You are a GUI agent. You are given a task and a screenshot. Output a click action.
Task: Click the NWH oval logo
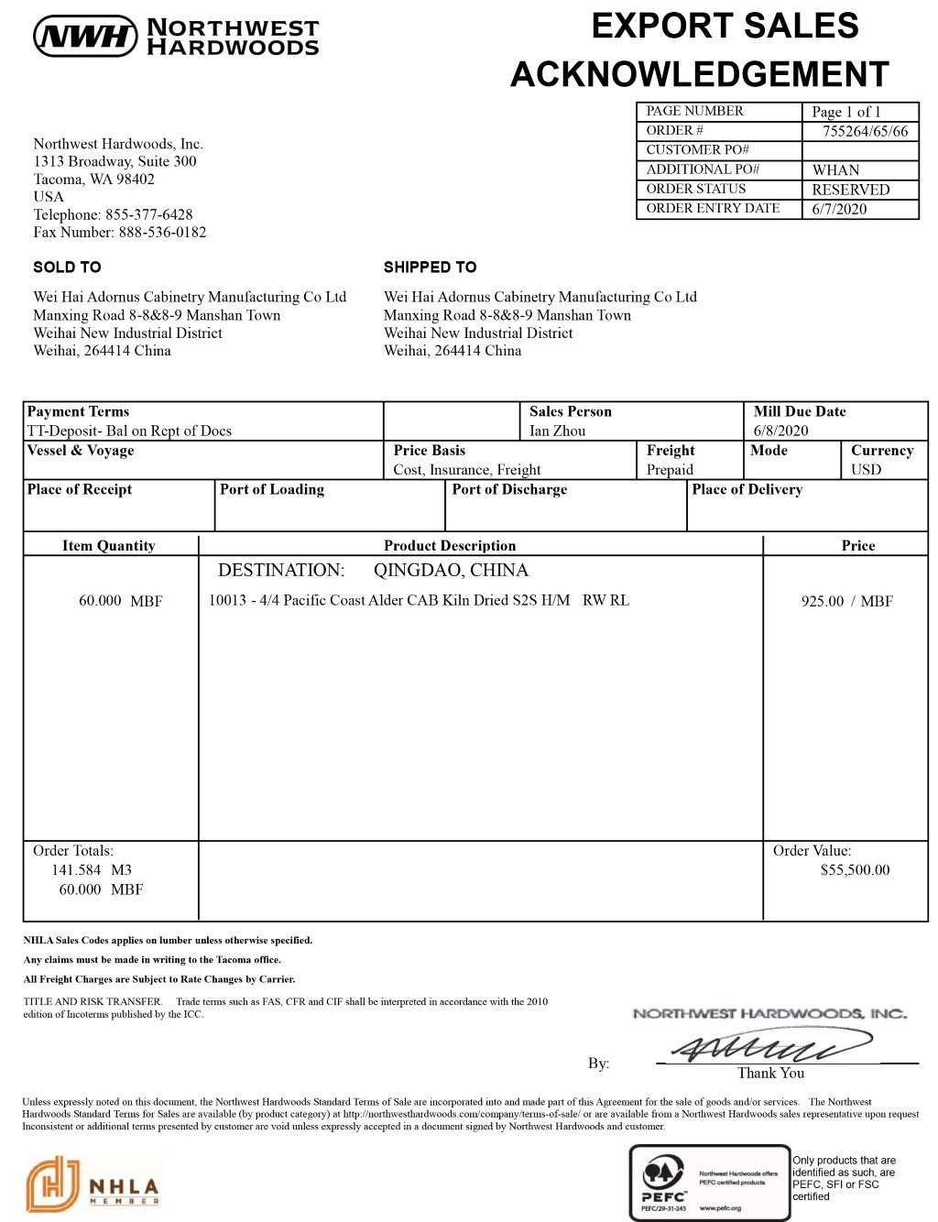click(x=85, y=36)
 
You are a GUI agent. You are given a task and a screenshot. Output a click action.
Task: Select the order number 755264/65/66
click(x=865, y=131)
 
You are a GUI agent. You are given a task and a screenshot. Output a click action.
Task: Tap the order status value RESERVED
click(x=850, y=190)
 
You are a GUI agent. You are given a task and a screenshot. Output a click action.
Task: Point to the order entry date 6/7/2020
click(x=839, y=209)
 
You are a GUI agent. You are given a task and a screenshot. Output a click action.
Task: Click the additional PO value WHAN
click(x=835, y=170)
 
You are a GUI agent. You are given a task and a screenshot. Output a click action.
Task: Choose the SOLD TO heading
click(x=67, y=267)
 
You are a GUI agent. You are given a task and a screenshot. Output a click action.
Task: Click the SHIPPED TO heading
click(x=430, y=267)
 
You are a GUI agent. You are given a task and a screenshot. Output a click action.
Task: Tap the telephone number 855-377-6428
click(x=148, y=214)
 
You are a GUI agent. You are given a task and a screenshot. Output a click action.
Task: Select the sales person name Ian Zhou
click(x=557, y=431)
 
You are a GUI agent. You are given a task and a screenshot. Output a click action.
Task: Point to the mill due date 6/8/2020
click(x=780, y=431)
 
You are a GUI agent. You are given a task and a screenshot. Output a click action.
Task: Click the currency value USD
click(x=866, y=470)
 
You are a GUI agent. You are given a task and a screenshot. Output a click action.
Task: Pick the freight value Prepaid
click(x=670, y=470)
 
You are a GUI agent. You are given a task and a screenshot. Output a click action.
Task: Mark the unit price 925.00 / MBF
click(x=846, y=601)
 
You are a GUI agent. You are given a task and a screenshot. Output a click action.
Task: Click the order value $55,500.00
click(x=855, y=870)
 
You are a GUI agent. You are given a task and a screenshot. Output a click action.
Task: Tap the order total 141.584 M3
click(x=92, y=870)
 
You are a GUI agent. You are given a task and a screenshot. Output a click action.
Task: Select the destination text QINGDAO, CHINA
click(x=451, y=570)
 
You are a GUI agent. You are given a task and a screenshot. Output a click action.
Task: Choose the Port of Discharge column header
click(x=509, y=489)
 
